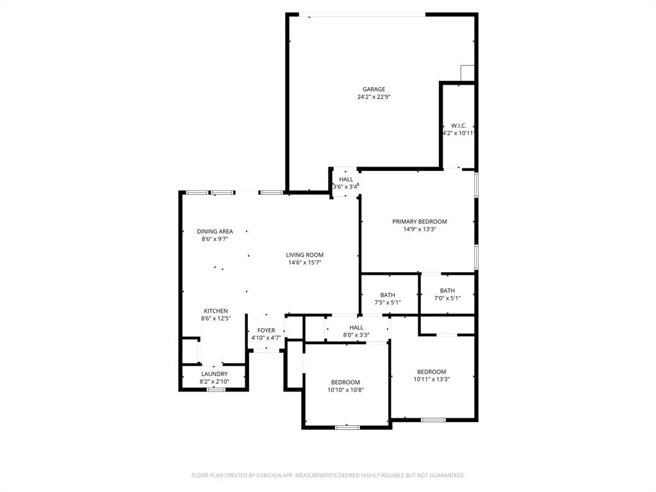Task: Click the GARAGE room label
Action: [x=373, y=90]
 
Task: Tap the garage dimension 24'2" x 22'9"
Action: [x=373, y=97]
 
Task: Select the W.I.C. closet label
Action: [x=458, y=126]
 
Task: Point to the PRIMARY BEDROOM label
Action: [x=420, y=222]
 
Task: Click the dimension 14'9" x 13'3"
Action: [x=420, y=229]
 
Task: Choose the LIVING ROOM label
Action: [x=304, y=255]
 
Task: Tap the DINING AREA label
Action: [x=215, y=231]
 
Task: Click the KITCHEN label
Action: [x=216, y=311]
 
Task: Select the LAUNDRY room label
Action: [x=214, y=374]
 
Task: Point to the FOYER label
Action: [x=266, y=331]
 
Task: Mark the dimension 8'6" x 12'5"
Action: [x=216, y=318]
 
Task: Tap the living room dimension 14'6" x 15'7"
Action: [x=304, y=263]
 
